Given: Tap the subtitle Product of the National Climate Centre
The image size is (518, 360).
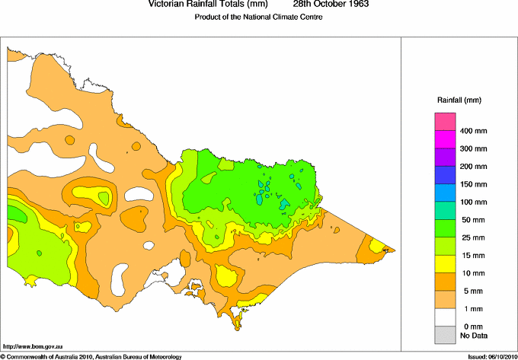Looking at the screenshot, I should (x=259, y=17).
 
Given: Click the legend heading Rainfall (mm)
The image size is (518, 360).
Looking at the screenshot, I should (x=459, y=100).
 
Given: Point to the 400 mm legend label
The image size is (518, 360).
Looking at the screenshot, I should (x=473, y=131).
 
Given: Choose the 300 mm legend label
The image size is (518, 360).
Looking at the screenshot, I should (x=473, y=148).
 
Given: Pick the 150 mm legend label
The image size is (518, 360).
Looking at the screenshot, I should (x=473, y=184).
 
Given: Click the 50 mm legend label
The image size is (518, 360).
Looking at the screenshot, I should (x=471, y=220).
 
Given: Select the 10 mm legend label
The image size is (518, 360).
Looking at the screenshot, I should (x=471, y=272).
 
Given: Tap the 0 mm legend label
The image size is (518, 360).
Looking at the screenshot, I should (x=469, y=326).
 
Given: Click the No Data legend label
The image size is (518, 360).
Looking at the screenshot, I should (x=473, y=335).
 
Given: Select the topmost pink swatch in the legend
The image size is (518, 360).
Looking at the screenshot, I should (x=444, y=121).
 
